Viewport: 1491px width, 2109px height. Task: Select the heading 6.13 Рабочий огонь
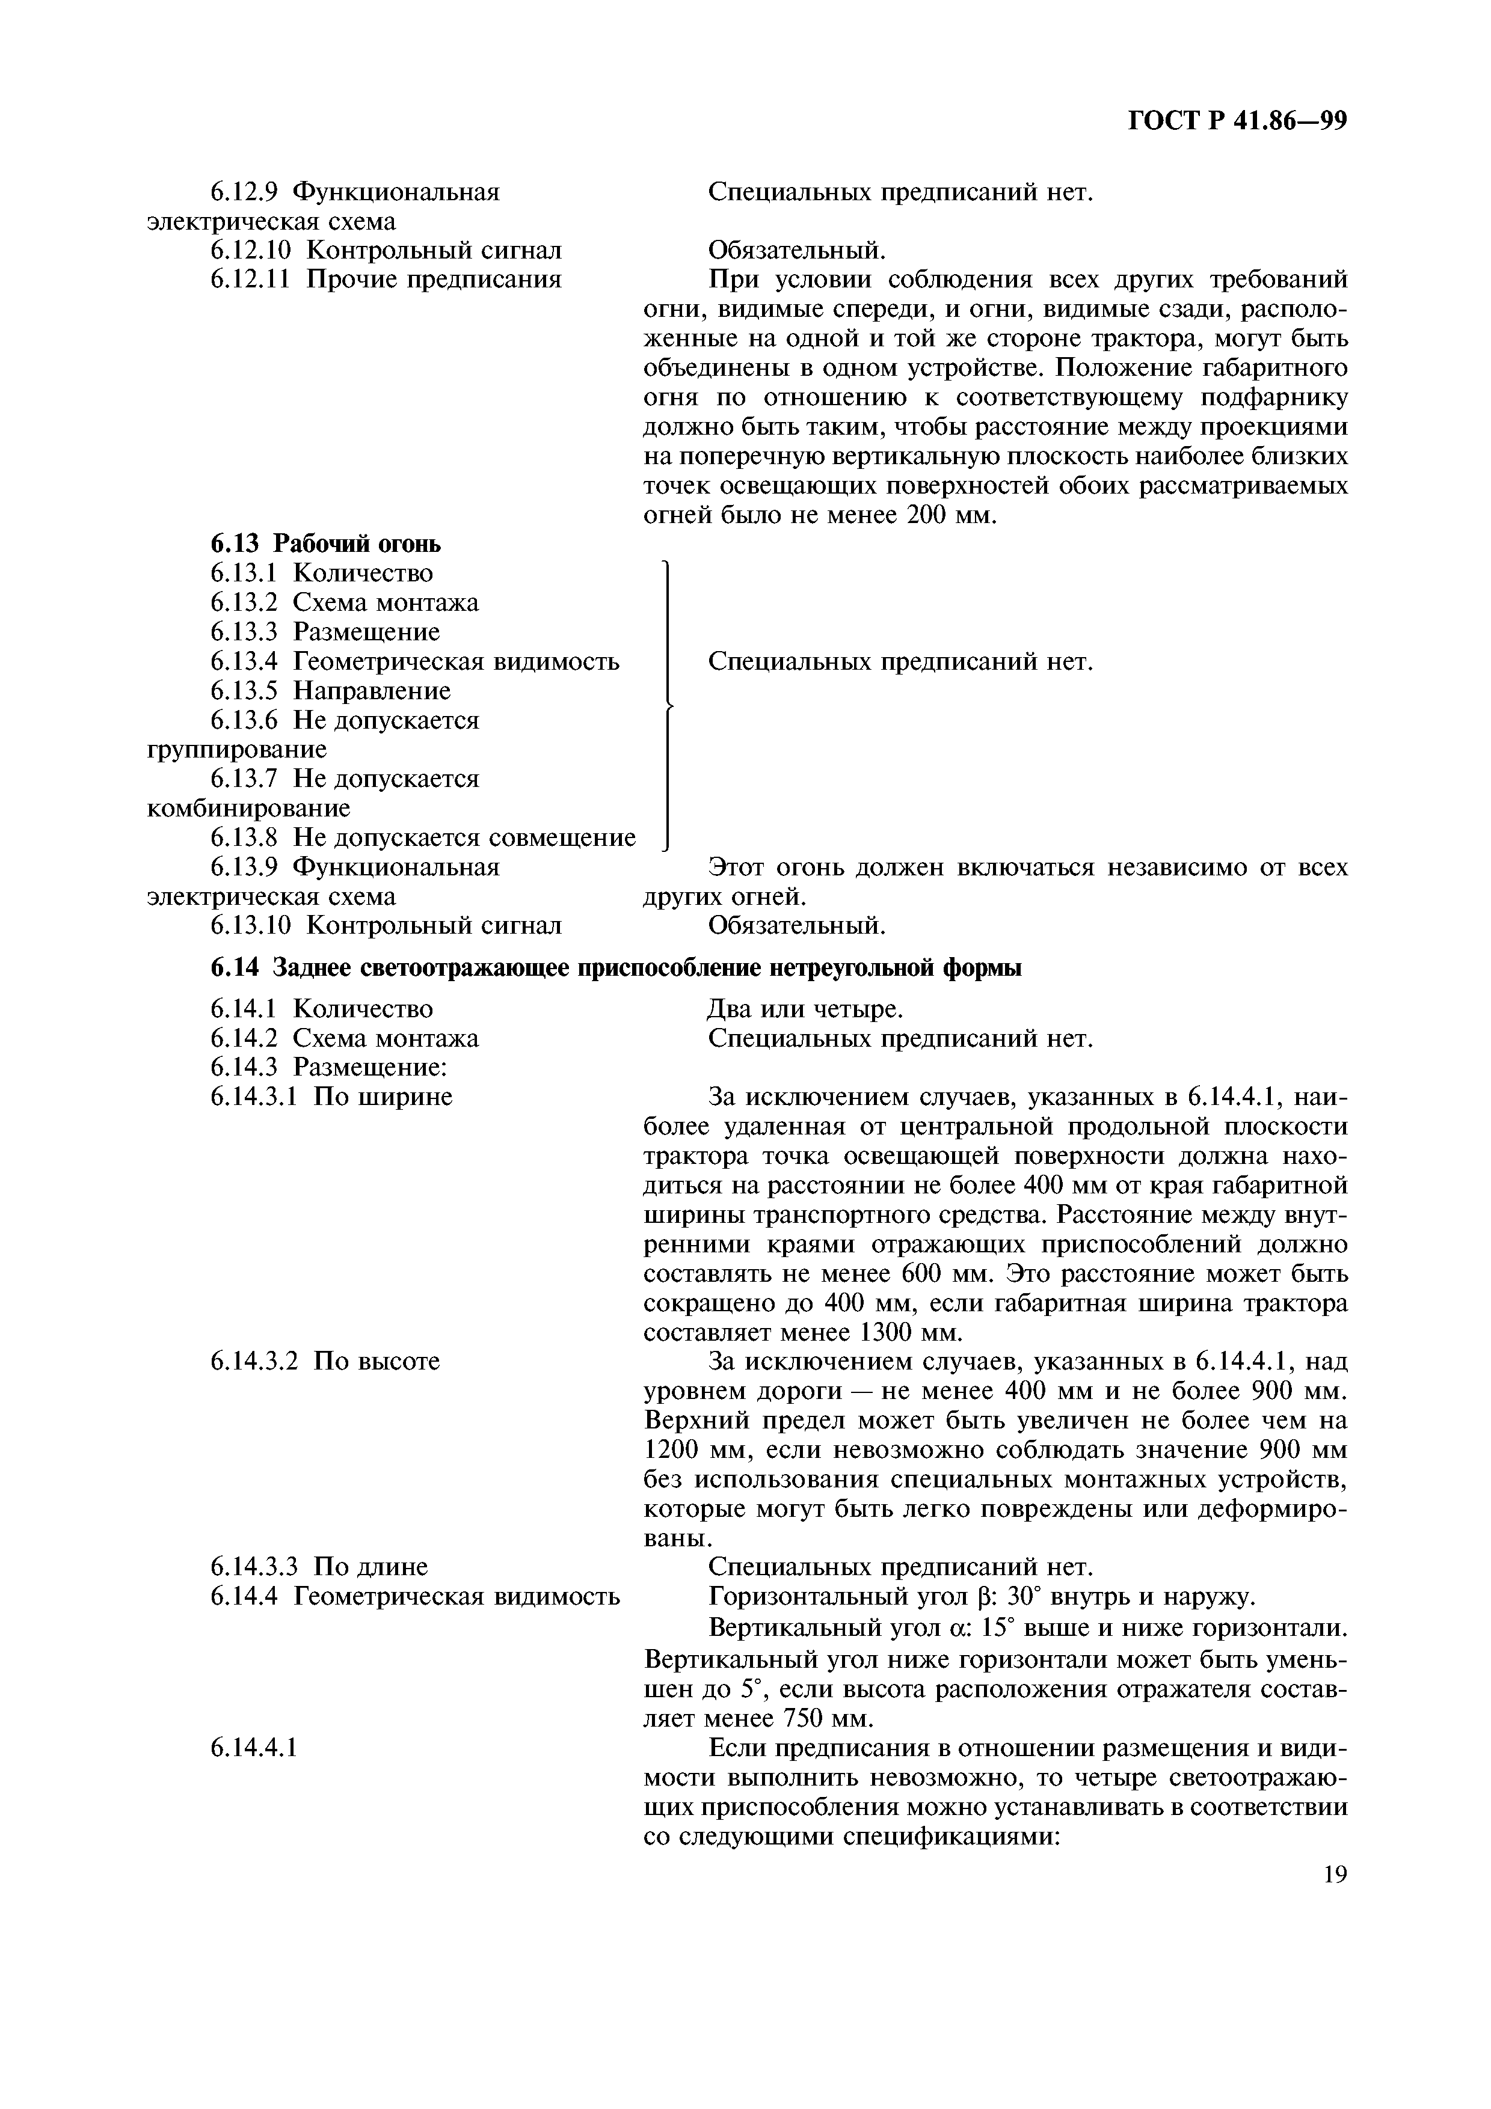[x=325, y=544]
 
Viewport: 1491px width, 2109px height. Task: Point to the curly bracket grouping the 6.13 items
[x=665, y=705]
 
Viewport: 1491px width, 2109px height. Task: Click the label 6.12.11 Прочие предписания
[x=386, y=279]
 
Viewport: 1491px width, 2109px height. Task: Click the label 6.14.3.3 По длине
[x=319, y=1567]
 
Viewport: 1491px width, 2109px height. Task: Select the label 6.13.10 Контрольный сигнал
[x=386, y=925]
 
